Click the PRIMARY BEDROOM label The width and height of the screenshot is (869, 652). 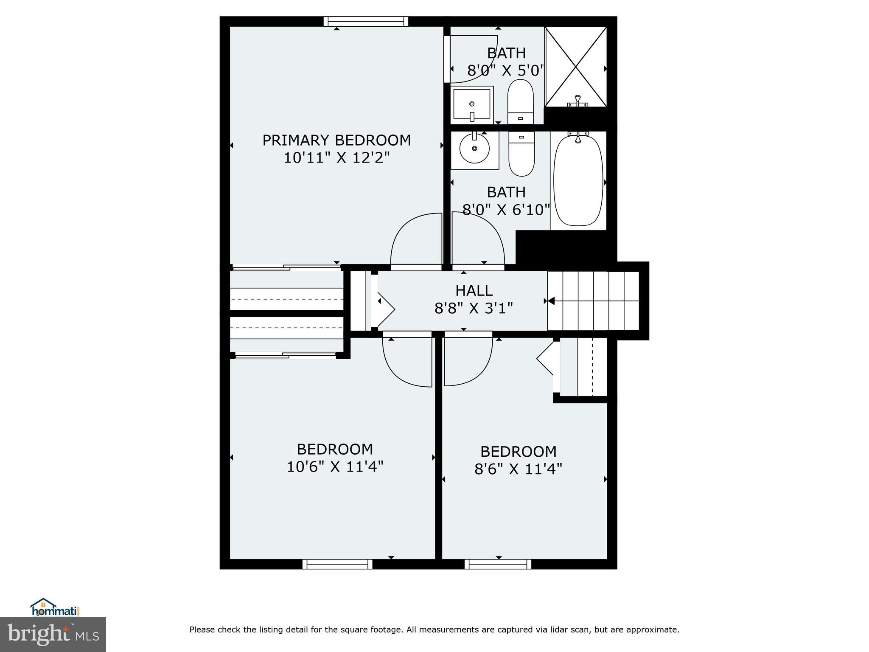[x=336, y=140]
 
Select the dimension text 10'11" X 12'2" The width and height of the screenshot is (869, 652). [x=336, y=158]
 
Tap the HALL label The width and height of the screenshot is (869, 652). [x=474, y=291]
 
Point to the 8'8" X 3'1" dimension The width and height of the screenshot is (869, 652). [x=474, y=308]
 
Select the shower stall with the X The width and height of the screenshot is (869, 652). [x=576, y=67]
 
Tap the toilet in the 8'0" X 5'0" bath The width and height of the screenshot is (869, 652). [x=521, y=101]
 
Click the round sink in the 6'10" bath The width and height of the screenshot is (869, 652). [x=474, y=148]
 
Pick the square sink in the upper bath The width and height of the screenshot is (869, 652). [x=472, y=104]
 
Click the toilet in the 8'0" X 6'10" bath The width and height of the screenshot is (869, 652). [x=521, y=154]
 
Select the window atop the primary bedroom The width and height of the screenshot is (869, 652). [x=366, y=21]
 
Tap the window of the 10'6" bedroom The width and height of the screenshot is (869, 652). [x=337, y=564]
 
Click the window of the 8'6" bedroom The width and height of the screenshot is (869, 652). [x=498, y=564]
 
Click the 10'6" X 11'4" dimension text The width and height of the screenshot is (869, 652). [x=335, y=467]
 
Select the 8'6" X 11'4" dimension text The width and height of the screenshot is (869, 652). [x=519, y=469]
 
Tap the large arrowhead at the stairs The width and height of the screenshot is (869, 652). [x=551, y=301]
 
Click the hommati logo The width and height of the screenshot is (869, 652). [x=56, y=607]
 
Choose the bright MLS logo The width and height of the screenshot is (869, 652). [x=53, y=635]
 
